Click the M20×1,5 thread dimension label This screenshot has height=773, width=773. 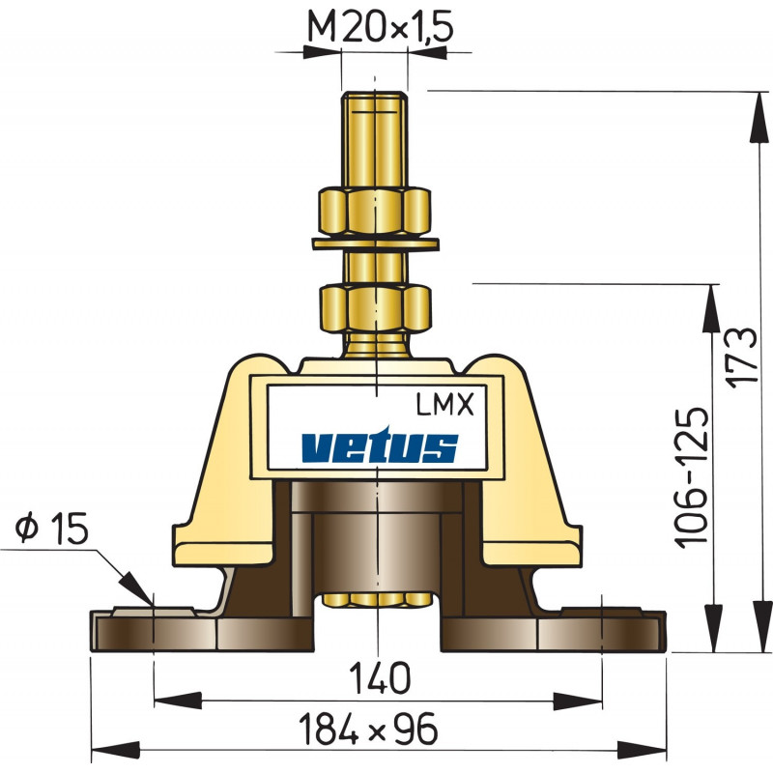(x=379, y=27)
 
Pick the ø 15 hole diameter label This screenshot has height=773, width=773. (x=53, y=529)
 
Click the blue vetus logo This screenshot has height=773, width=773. (x=378, y=446)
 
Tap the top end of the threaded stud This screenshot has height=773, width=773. (x=375, y=98)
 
